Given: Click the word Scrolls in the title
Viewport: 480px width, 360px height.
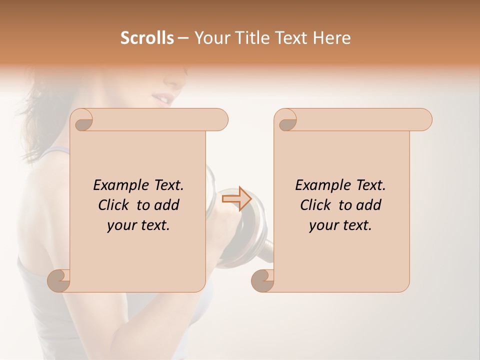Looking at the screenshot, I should pos(147,38).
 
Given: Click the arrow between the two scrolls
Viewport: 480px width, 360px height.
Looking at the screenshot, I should pos(236,198).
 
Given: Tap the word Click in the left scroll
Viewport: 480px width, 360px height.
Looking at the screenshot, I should pos(114,205).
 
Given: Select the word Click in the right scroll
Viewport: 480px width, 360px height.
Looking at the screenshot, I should pos(316,205).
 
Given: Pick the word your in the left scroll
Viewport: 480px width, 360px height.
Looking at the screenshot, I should pos(120,225).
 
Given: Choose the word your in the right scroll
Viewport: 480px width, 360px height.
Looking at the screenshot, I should pos(322,225).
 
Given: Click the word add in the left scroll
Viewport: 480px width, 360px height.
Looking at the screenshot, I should pos(167,205).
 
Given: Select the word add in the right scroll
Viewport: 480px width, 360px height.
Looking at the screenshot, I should pos(369,205).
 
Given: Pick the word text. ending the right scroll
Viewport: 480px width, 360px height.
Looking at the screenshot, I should pos(355,225).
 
